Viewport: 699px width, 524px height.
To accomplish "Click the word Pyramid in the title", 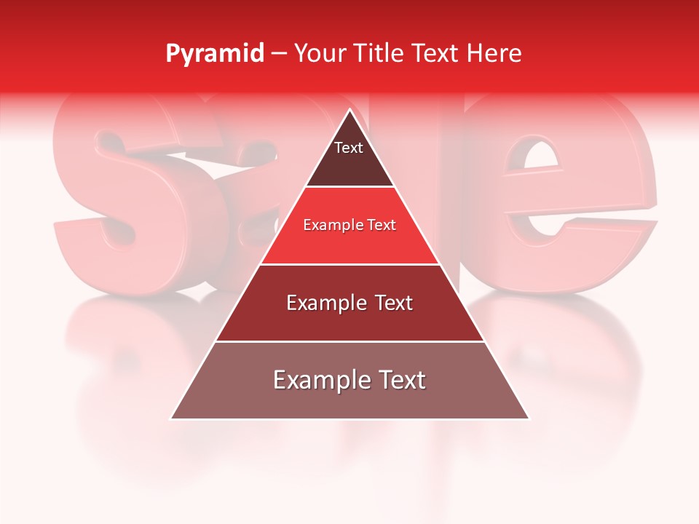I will click(x=214, y=54).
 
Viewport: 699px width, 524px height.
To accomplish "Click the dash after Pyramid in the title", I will click(x=279, y=54).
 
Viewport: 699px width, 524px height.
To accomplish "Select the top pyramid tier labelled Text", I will click(x=349, y=156).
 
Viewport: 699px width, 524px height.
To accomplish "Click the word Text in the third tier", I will click(x=390, y=303).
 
